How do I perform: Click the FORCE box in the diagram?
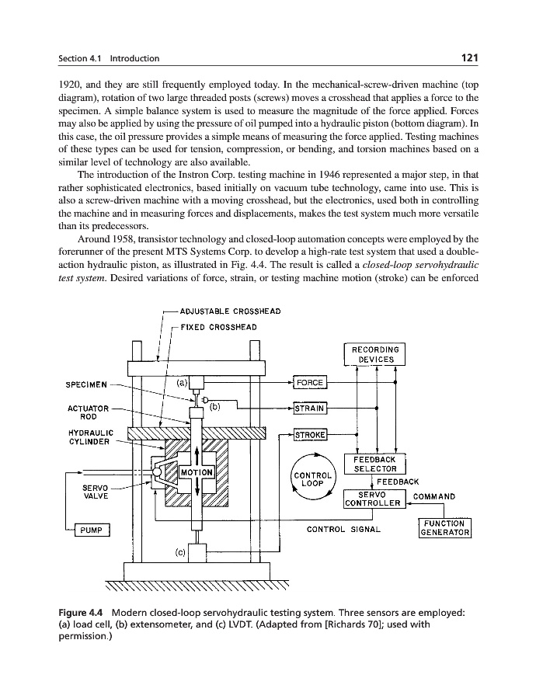310,383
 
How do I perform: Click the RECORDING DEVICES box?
374,354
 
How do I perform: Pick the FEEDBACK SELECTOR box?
374,464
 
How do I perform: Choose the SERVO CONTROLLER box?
374,499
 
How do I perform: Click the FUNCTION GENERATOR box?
445,527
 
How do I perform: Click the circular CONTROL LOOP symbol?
312,474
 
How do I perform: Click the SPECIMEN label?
86,383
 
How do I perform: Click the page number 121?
468,57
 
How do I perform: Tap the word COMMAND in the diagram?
434,496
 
